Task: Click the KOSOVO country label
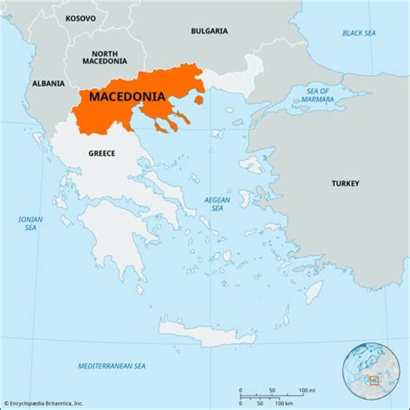coord(80,18)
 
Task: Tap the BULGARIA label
coord(209,31)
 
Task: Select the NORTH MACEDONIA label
coord(105,57)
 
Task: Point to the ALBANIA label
coord(48,83)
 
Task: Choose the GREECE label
coord(101,153)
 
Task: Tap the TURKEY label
coord(346,183)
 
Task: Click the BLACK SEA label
coord(359,33)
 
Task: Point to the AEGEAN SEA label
coord(218,204)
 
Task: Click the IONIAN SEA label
coord(30,223)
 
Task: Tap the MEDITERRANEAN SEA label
coord(112,366)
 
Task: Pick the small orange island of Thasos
coord(199,100)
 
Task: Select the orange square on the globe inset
coord(374,380)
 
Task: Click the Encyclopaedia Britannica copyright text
coord(43,403)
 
